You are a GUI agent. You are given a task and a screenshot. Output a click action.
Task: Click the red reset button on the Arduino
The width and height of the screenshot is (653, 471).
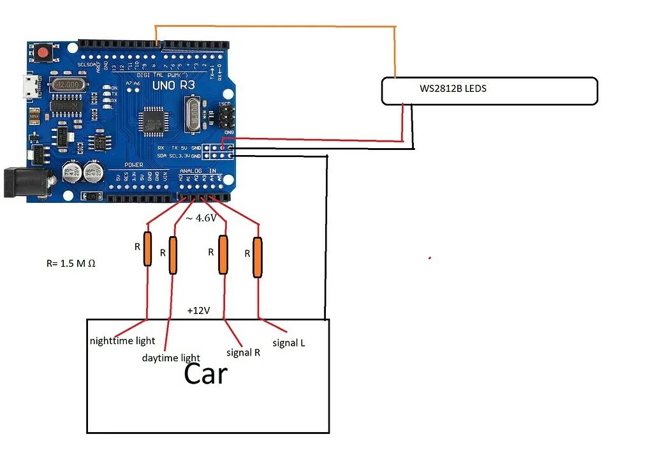click(x=44, y=53)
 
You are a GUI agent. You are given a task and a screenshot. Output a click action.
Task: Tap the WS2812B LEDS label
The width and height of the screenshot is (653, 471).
click(x=453, y=89)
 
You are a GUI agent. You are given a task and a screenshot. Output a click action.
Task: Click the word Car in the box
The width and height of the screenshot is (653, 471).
click(x=205, y=374)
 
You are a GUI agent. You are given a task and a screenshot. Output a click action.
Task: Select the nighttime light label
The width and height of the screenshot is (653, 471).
click(x=122, y=341)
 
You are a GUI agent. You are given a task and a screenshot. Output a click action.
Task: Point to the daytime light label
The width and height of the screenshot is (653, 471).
click(x=171, y=358)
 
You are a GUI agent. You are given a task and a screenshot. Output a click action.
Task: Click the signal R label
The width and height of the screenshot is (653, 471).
click(x=243, y=352)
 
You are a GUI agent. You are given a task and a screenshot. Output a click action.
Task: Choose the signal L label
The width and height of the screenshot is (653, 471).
click(x=288, y=343)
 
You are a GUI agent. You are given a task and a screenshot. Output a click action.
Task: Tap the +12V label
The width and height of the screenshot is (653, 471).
click(x=198, y=311)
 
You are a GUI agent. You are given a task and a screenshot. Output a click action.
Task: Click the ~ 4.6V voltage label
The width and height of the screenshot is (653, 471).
click(x=201, y=218)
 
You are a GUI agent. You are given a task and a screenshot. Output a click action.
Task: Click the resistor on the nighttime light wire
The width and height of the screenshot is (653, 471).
click(x=147, y=249)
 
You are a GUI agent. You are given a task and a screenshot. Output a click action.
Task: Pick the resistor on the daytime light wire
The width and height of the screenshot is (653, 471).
click(x=173, y=255)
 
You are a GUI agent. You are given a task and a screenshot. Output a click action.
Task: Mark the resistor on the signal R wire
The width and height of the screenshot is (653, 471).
click(x=223, y=255)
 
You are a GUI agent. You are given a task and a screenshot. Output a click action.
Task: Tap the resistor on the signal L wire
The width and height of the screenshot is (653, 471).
click(x=257, y=257)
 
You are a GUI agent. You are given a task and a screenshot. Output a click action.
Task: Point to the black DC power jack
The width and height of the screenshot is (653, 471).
click(x=26, y=182)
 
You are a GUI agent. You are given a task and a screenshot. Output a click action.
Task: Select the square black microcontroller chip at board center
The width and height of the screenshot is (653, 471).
click(x=153, y=119)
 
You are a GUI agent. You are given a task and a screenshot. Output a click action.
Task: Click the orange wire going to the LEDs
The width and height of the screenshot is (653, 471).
click(x=274, y=26)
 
